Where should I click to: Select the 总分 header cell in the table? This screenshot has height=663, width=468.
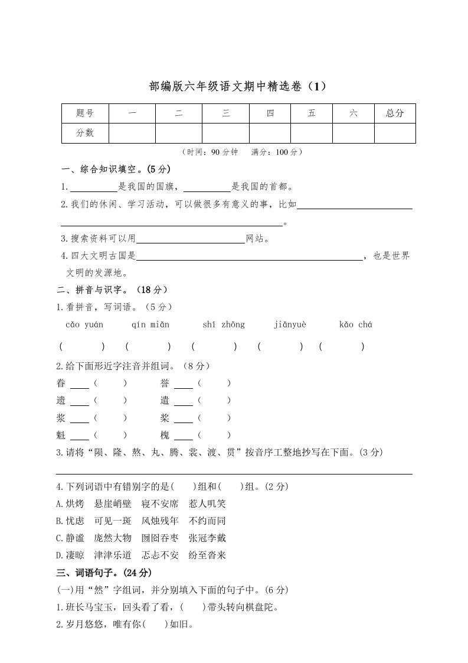coord(395,113)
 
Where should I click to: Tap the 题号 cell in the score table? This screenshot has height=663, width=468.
coord(85,113)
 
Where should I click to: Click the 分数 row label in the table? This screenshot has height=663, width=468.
coord(85,133)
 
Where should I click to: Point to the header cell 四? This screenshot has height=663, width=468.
coord(270,113)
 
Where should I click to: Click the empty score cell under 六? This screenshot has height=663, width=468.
coord(353,133)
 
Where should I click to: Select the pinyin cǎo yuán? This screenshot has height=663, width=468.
coord(84,324)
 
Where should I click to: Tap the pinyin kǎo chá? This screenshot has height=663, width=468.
coord(355,324)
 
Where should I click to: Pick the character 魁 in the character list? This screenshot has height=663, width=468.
coord(61,435)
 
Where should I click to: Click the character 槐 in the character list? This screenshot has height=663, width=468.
coord(165,435)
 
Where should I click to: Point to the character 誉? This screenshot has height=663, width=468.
coord(165,383)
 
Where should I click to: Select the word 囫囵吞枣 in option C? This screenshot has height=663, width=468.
coord(159,538)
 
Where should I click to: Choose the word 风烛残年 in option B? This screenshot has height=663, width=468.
coord(159,521)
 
